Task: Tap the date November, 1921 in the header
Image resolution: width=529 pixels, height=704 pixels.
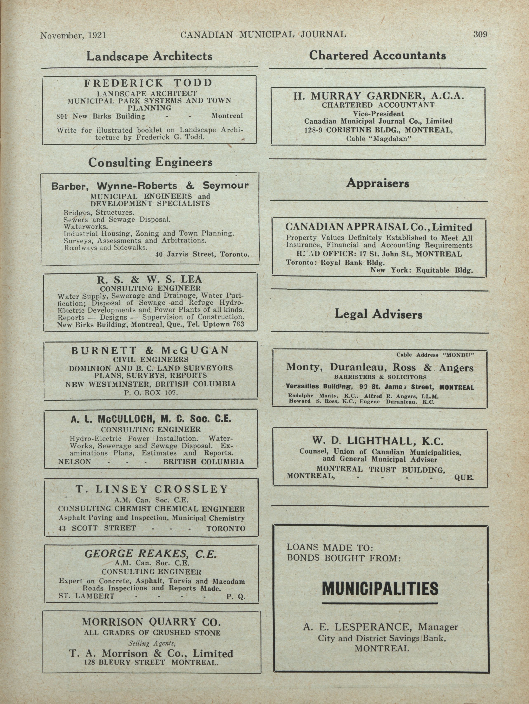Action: (73, 35)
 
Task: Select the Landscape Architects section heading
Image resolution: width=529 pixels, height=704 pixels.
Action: (149, 56)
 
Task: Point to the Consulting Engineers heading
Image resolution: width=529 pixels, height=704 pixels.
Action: (150, 163)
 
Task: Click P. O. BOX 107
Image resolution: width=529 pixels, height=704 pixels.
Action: (151, 393)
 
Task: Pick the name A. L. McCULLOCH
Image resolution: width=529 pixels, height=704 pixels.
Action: (114, 419)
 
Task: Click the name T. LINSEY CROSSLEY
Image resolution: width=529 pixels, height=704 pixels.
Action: (152, 489)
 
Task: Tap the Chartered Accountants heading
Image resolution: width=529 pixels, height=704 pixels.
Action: (377, 56)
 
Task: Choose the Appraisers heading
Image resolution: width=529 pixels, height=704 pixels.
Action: (378, 183)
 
